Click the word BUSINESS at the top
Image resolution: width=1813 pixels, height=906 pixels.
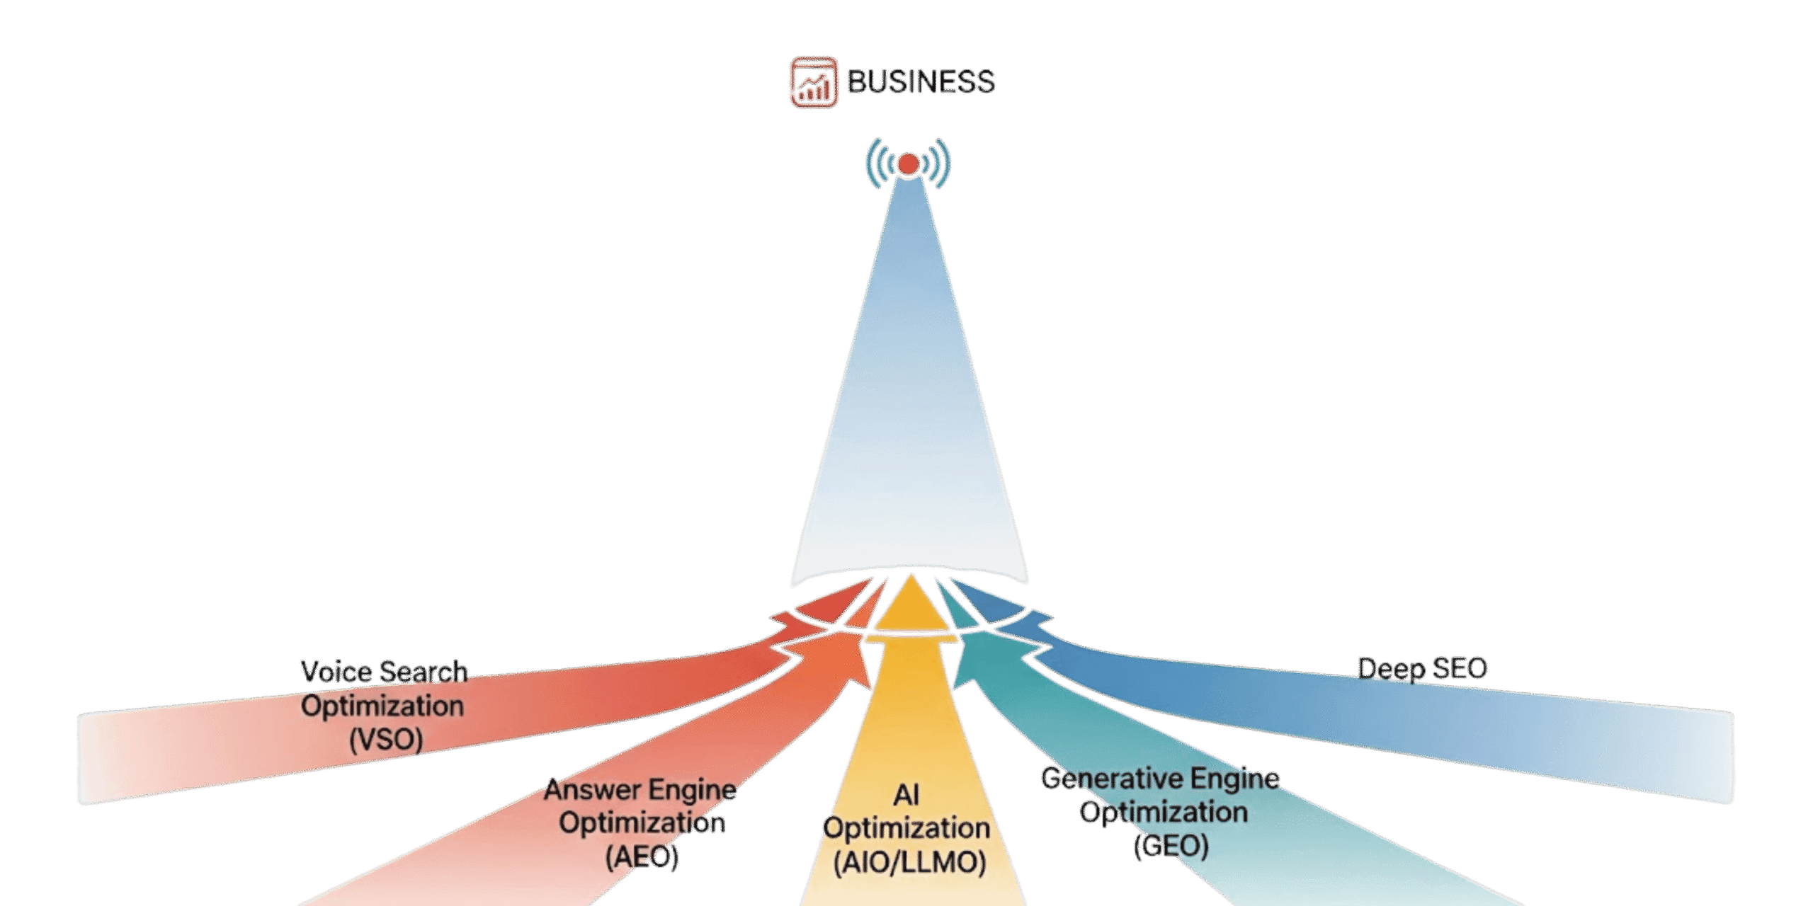tap(921, 81)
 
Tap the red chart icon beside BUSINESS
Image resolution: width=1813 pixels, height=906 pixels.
tap(814, 82)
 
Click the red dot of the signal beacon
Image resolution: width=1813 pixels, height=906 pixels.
tap(908, 164)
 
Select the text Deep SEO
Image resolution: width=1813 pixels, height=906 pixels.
tap(1422, 669)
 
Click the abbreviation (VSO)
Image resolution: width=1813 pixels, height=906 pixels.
tap(386, 740)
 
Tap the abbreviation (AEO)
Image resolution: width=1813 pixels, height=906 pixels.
tap(642, 857)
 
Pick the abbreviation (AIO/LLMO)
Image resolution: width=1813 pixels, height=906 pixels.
tap(909, 863)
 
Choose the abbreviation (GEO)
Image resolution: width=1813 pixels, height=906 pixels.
tap(1171, 846)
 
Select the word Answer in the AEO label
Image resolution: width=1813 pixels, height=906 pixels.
tap(592, 789)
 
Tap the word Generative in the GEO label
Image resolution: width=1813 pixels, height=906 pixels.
tap(1112, 779)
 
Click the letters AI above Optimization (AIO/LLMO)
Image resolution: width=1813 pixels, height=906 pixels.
tap(906, 795)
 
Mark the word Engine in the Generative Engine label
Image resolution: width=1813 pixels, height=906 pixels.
tap(1237, 779)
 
